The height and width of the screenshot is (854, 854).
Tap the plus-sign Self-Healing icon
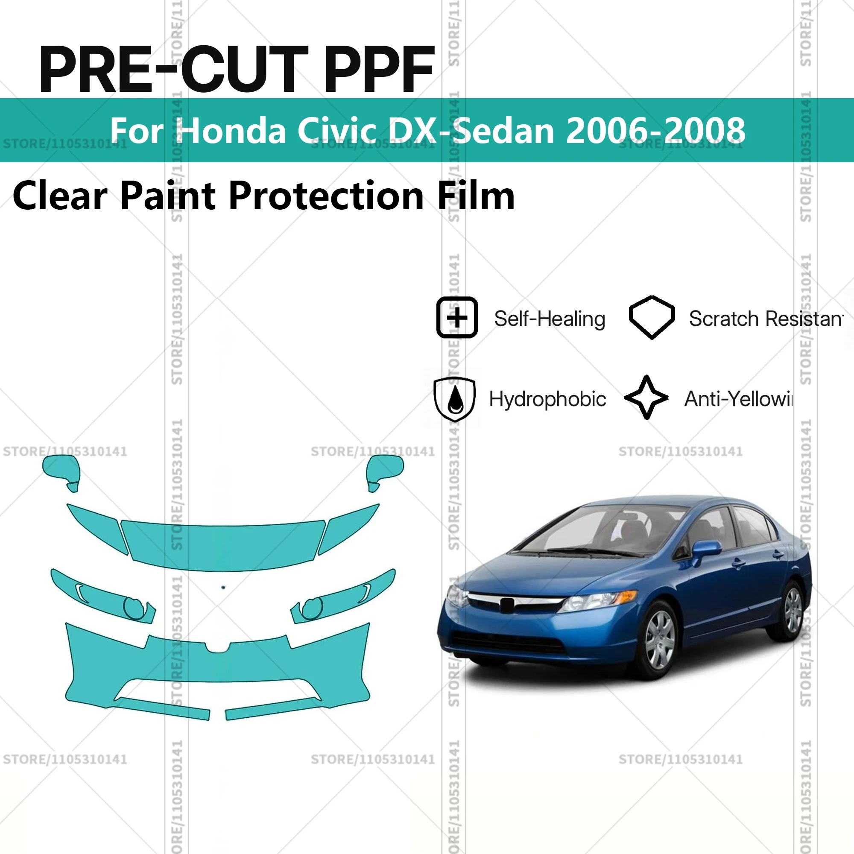[457, 317]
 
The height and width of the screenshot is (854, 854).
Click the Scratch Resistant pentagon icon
[652, 317]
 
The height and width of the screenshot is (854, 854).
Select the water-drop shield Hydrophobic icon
[455, 399]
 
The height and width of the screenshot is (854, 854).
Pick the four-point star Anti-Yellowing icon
[646, 398]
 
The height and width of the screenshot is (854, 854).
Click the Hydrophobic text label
[547, 399]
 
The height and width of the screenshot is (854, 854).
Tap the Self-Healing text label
[550, 319]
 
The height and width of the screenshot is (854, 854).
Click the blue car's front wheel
[659, 640]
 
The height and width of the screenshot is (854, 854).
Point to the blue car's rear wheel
[792, 610]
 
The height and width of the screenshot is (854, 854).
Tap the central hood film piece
[223, 546]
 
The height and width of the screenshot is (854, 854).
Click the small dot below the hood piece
[223, 588]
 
